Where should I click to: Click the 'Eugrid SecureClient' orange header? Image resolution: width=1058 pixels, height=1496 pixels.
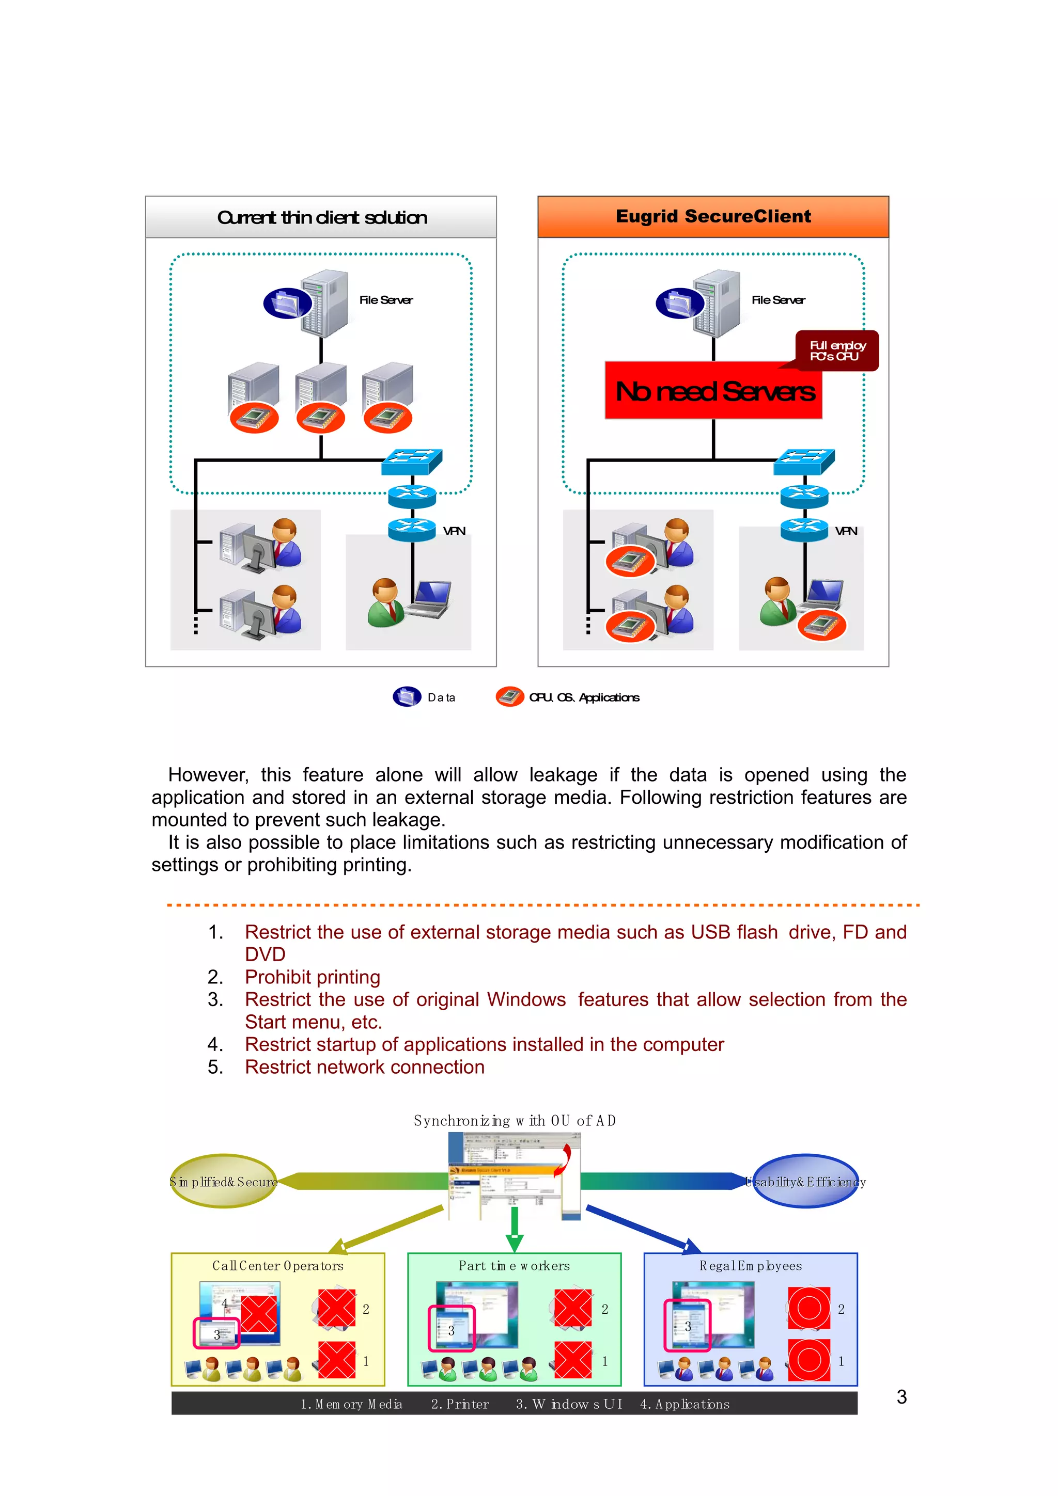tap(712, 216)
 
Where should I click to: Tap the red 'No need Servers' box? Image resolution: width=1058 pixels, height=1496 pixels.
tap(714, 391)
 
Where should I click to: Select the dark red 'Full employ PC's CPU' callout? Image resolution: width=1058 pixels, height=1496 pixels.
tap(837, 351)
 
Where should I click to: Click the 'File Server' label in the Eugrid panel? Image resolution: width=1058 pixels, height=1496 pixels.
tap(779, 300)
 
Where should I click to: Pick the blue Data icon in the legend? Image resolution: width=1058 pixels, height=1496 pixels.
tap(407, 696)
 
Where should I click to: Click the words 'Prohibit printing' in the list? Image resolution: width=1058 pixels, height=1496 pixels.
tap(312, 977)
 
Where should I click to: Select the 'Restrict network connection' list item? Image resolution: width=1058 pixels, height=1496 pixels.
tap(364, 1067)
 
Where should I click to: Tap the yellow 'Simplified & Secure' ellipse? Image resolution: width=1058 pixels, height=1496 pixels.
tap(224, 1181)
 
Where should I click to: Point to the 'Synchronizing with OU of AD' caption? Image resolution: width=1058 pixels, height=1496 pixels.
tap(515, 1121)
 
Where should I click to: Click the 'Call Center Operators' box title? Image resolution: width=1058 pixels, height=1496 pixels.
tap(278, 1265)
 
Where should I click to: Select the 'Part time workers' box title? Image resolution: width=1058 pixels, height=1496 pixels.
tap(515, 1265)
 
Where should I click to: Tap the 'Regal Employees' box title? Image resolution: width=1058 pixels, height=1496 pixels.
tap(750, 1265)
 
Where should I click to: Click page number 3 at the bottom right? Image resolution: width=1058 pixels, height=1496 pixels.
tap(901, 1396)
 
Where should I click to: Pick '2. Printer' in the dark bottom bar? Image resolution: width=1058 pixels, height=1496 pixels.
tap(460, 1404)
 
